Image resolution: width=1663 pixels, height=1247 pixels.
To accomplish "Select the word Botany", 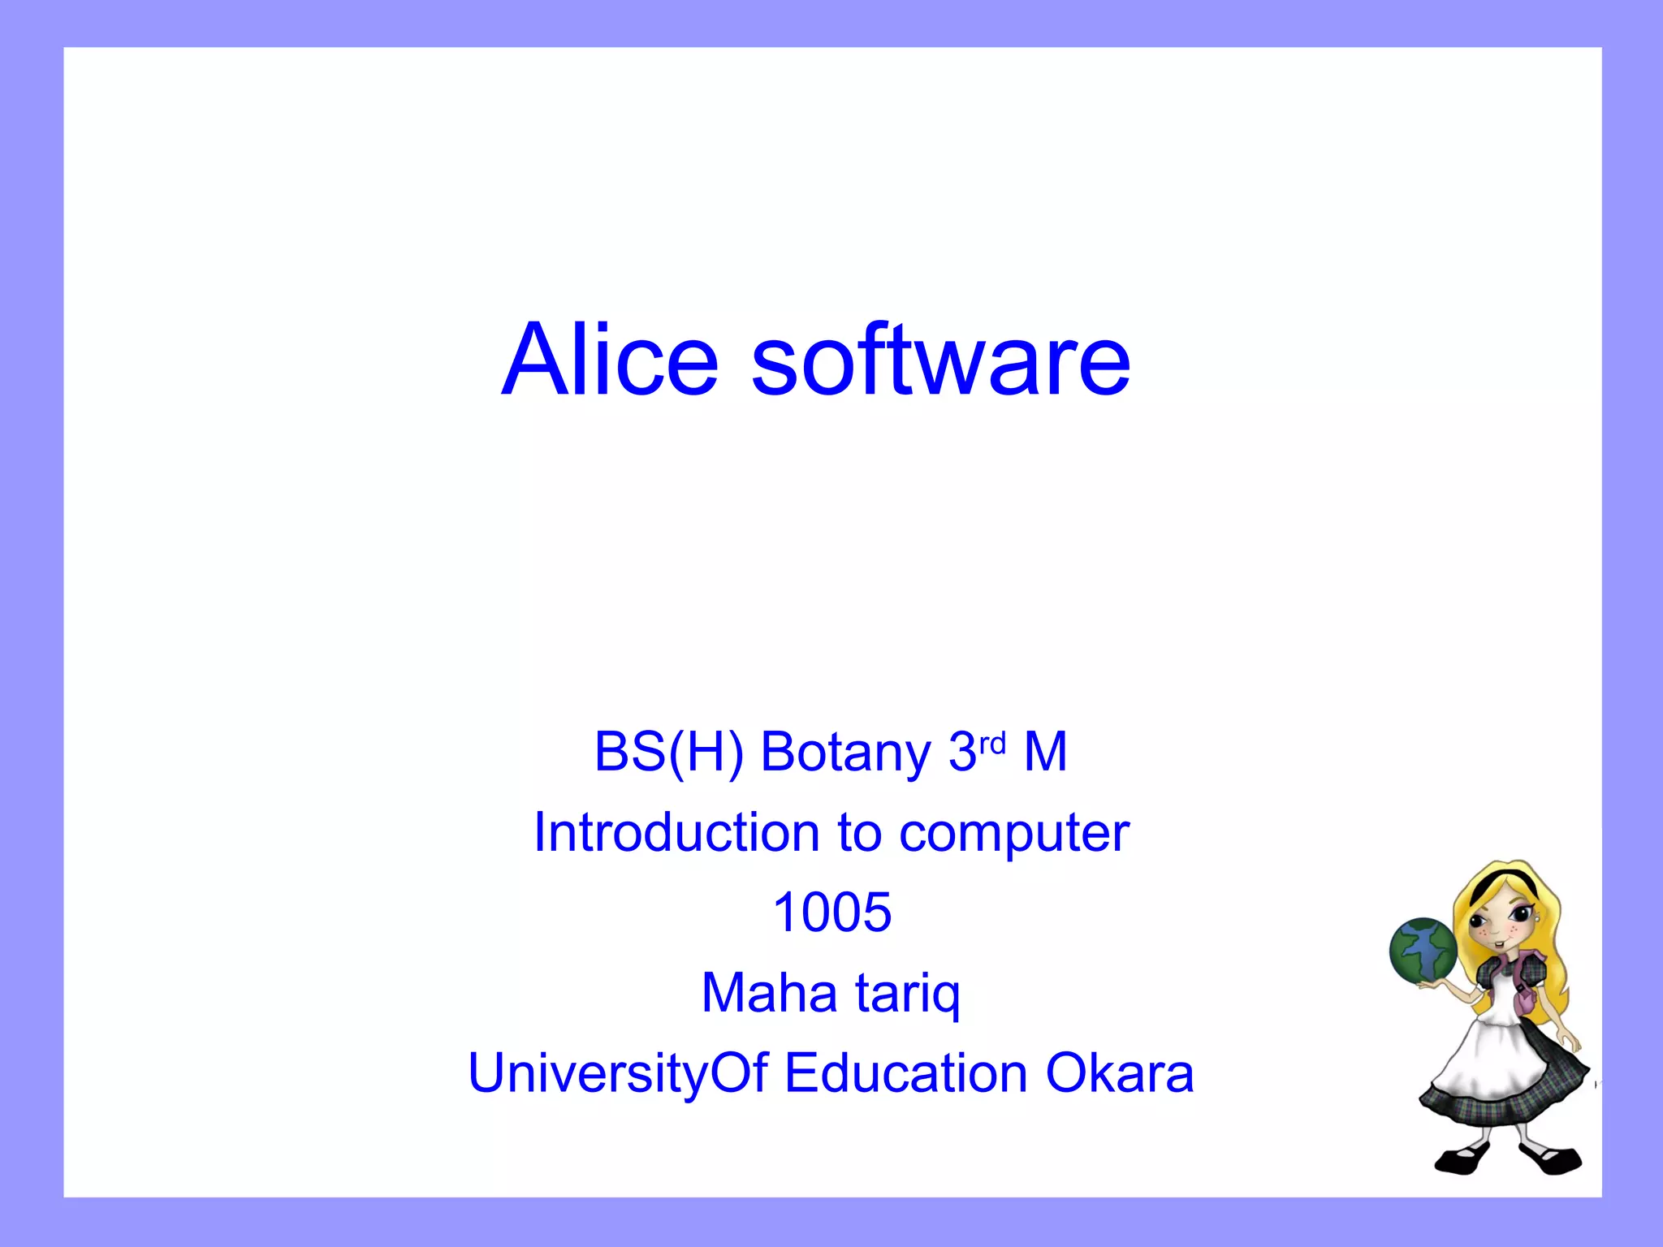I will pos(845,752).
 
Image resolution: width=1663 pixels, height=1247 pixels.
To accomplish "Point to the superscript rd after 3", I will pos(992,742).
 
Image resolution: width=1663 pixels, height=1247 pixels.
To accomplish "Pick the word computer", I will pos(1014,835).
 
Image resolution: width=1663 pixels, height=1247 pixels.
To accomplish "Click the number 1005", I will pos(831,913).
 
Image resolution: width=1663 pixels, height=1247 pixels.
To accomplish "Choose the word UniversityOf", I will pos(618,1074).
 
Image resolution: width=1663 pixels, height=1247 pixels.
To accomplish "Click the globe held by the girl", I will pos(1423,950).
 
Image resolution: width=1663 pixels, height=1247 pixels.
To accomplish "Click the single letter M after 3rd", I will pos(1045,752).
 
